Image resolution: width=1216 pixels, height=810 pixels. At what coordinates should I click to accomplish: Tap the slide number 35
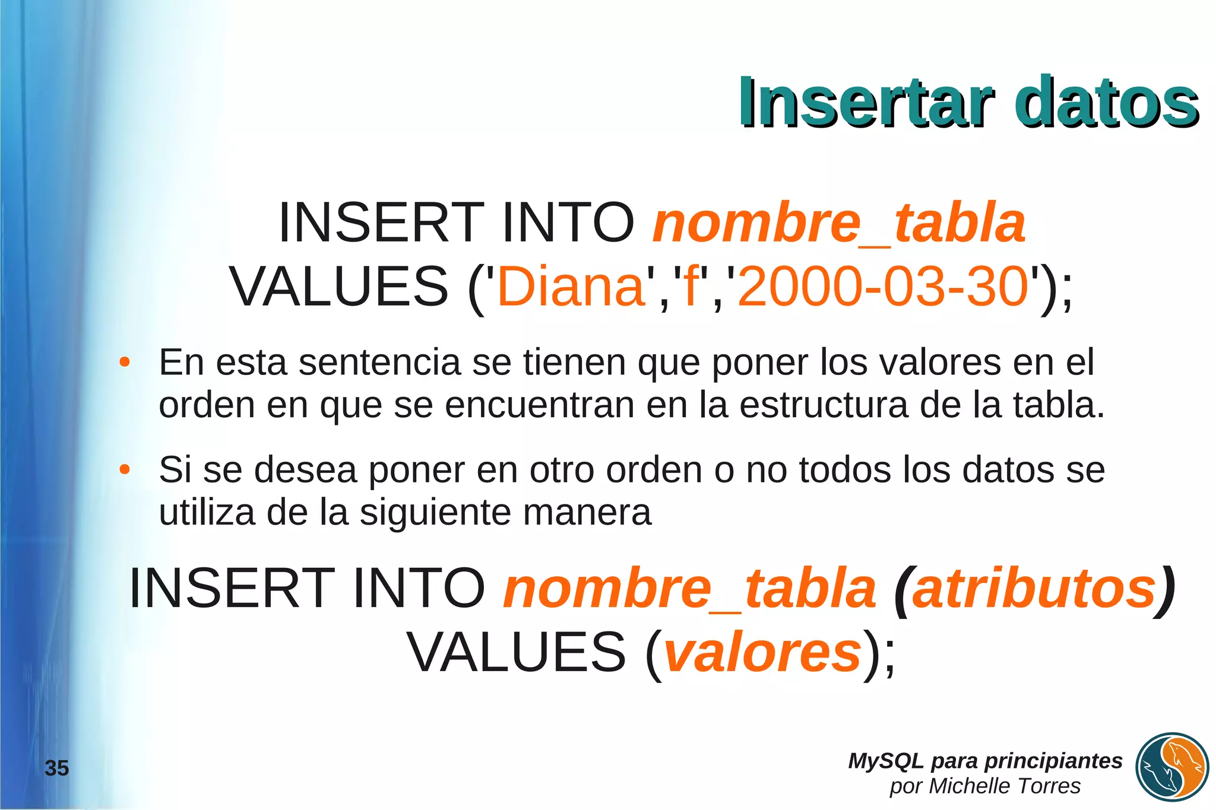click(x=57, y=768)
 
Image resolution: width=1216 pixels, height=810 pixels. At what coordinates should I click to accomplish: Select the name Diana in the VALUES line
click(x=571, y=287)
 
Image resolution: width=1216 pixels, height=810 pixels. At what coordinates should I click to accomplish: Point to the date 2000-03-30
click(x=883, y=287)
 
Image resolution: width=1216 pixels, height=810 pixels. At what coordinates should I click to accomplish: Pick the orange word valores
click(x=762, y=653)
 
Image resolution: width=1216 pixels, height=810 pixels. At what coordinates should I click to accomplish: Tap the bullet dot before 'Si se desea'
click(x=124, y=470)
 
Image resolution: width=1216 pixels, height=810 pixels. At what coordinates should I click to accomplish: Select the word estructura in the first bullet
click(x=824, y=405)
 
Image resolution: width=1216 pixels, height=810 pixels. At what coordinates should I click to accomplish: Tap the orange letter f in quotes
click(x=691, y=287)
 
